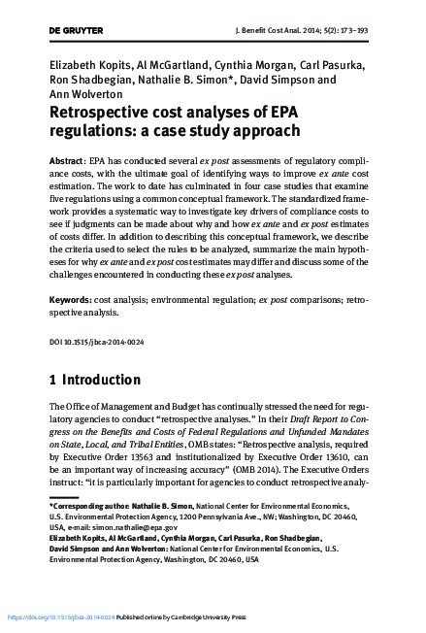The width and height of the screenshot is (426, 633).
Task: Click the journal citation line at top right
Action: (x=321, y=32)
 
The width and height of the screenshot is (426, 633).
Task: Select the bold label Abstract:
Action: (x=66, y=158)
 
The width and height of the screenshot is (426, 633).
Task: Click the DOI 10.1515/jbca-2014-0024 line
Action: (x=94, y=341)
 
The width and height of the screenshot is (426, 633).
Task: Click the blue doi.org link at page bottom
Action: (x=60, y=616)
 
